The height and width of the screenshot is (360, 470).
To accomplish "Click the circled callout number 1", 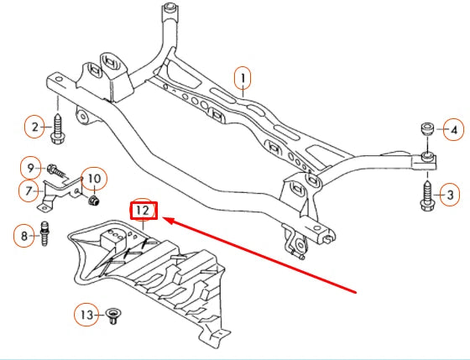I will point(243,80).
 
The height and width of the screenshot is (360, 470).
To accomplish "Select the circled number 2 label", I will point(35,128).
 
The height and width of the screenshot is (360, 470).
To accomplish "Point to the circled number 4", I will point(453,130).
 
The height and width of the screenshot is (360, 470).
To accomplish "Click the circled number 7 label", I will point(29,190).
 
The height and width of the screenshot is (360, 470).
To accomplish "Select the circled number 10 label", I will point(94,179).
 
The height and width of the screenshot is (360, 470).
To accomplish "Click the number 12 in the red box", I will point(143,210).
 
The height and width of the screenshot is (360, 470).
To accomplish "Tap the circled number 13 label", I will point(87,316).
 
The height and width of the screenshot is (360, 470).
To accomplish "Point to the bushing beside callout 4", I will point(426,130).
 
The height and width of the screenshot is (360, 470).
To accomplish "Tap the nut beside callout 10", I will point(94,200).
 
